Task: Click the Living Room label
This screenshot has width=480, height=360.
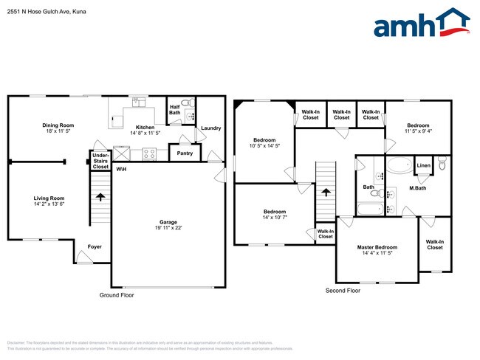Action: (x=49, y=198)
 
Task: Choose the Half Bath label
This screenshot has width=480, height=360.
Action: (x=175, y=108)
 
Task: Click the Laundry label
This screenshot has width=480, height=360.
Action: (x=210, y=128)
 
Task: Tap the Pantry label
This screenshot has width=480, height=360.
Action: (x=184, y=153)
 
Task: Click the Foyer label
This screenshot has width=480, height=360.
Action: (x=95, y=246)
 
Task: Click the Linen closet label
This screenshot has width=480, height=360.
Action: (x=423, y=166)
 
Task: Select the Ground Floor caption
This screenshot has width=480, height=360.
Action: (x=117, y=294)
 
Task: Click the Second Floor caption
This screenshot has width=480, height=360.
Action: (x=343, y=291)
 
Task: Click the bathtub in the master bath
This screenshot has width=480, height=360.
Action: (x=401, y=165)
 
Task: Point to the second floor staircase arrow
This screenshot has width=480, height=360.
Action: (x=326, y=192)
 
